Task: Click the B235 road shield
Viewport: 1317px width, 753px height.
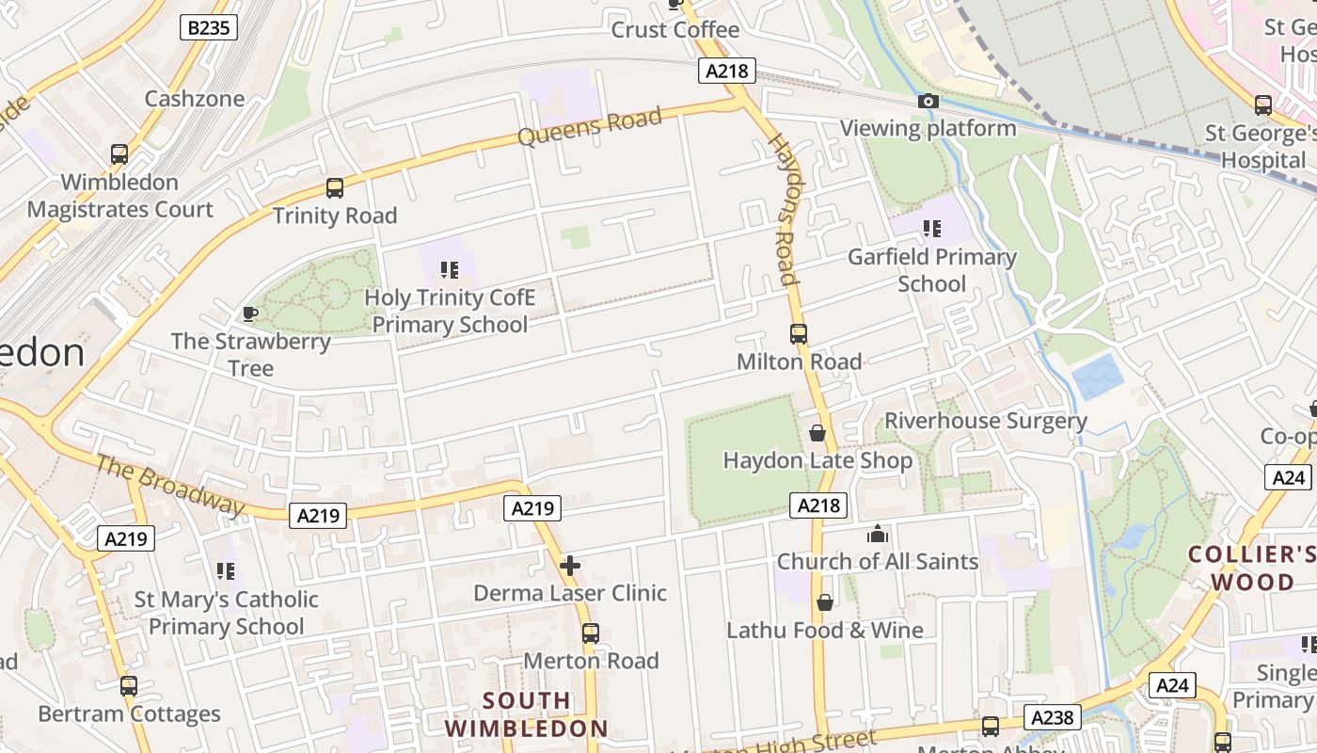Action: click(x=208, y=27)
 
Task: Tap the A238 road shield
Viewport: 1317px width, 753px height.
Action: click(x=1052, y=717)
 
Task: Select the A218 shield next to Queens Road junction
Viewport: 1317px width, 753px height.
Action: click(x=727, y=71)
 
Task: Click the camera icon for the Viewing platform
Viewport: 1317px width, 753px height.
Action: click(x=928, y=102)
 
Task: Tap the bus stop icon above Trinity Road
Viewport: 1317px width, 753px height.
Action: click(x=335, y=188)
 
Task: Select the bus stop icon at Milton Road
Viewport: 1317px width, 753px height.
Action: click(x=799, y=334)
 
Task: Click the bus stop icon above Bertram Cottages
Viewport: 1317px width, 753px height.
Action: click(x=129, y=686)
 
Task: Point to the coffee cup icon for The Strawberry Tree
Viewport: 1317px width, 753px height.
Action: click(x=250, y=313)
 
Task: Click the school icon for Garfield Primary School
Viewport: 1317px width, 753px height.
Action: click(x=932, y=229)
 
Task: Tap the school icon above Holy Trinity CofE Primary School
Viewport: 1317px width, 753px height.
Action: click(x=450, y=271)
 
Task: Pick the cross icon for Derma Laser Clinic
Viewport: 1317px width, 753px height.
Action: click(x=570, y=566)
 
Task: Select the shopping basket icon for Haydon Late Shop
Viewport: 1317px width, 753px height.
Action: click(x=817, y=433)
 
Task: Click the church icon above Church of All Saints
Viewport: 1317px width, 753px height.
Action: click(x=878, y=535)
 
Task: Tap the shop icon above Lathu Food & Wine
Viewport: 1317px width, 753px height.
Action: click(x=825, y=602)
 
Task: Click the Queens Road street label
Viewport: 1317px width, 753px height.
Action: click(x=590, y=126)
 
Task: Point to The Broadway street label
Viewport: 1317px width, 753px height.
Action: click(x=170, y=485)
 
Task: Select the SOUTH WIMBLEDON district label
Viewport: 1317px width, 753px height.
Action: click(x=527, y=714)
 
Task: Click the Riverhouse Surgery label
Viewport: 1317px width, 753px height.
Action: click(x=985, y=421)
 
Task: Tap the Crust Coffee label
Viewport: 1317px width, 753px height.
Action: click(x=675, y=30)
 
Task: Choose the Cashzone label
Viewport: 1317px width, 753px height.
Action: click(x=195, y=99)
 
